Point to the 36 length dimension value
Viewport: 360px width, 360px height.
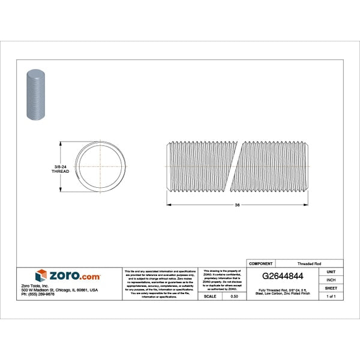click(237, 205)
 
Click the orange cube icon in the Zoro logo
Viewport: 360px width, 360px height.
click(41, 275)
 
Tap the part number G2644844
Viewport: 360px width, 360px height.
click(282, 277)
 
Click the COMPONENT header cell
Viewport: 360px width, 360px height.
click(260, 263)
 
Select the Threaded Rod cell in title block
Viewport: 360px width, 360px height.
click(308, 263)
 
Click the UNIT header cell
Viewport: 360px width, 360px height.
click(331, 272)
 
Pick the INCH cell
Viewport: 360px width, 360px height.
click(331, 280)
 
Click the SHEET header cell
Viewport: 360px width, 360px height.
click(331, 288)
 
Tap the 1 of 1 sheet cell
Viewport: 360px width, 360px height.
click(331, 296)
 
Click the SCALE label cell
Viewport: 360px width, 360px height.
click(210, 296)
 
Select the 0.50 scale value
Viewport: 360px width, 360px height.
click(234, 296)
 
